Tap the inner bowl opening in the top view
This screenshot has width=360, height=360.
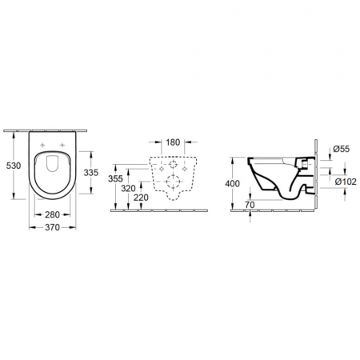(x=53, y=165)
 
